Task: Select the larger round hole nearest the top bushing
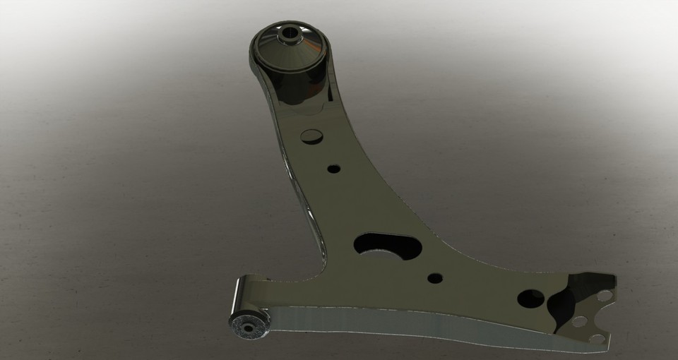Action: (311, 136)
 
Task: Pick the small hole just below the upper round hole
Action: (333, 169)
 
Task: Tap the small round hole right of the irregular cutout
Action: (435, 278)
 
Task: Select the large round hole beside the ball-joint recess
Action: (530, 299)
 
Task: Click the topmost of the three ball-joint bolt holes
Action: (605, 294)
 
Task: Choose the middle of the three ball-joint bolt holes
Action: (579, 322)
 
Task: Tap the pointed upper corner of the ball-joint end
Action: (613, 277)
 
